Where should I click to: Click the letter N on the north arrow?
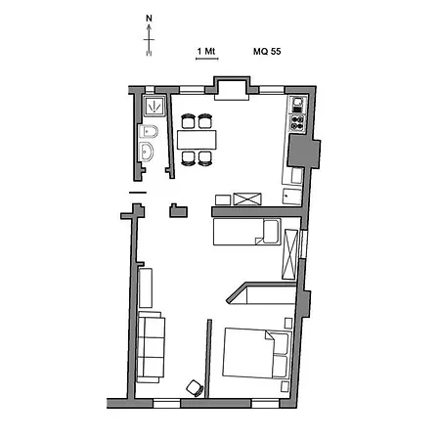(x=149, y=19)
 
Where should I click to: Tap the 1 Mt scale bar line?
(x=207, y=59)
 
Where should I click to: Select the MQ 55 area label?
(x=267, y=52)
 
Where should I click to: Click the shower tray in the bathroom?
(x=154, y=106)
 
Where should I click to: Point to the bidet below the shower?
(x=149, y=132)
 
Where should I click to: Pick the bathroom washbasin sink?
(x=147, y=152)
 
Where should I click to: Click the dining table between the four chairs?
(x=197, y=140)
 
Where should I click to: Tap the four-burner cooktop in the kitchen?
(x=297, y=123)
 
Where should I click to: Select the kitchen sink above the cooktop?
(x=297, y=105)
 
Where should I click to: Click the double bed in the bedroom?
(x=257, y=353)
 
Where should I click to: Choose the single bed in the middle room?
(x=247, y=232)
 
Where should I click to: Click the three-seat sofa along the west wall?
(x=151, y=347)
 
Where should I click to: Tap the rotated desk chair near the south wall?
(x=195, y=388)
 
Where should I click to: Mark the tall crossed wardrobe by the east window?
(x=289, y=254)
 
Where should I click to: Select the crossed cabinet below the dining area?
(x=247, y=199)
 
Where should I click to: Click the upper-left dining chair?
(x=189, y=121)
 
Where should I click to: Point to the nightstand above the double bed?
(x=288, y=323)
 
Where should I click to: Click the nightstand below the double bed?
(x=286, y=386)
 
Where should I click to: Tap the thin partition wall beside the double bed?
(x=208, y=359)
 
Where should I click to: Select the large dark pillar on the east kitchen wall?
(x=304, y=152)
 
